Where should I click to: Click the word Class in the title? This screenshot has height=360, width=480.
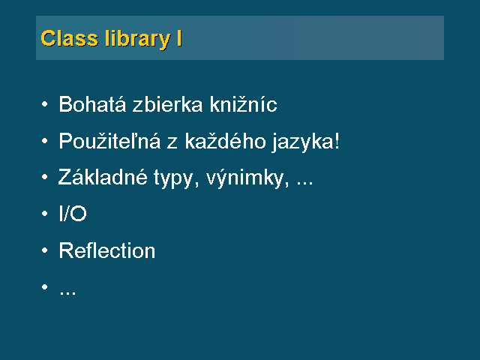pos(70,38)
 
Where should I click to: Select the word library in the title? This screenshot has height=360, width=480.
pos(137,40)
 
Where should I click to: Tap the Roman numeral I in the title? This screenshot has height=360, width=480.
pos(179,38)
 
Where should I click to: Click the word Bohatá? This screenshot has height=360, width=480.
pos(92,104)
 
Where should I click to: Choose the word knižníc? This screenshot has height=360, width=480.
pos(244,104)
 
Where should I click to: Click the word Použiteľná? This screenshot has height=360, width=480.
pos(109,141)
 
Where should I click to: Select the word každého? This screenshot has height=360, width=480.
pos(225,141)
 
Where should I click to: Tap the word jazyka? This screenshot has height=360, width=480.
pos(302,142)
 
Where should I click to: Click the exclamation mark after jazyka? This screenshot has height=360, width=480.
pos(337,141)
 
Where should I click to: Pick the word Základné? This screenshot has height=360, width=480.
pos(103,177)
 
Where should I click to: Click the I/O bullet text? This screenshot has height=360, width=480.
pos(73,213)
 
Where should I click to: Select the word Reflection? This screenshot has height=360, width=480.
pos(107,250)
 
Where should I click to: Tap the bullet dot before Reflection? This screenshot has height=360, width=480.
pos(45,250)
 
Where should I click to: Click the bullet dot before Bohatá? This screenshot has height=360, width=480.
pos(45,104)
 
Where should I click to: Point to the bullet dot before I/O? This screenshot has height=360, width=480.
pos(45,213)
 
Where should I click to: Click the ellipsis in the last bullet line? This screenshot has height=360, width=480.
pos(67,293)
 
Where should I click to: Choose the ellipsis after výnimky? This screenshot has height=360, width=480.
pos(305,183)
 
